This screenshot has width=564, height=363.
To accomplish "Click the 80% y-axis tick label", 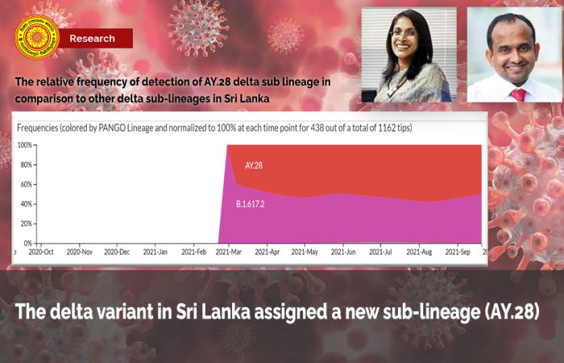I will [x=25, y=165].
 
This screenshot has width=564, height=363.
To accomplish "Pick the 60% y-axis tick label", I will [x=25, y=184].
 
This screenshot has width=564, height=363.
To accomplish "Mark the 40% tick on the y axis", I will [x=25, y=204].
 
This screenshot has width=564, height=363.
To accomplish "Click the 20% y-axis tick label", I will [x=25, y=223].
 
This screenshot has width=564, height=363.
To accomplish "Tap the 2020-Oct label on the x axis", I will [x=41, y=252].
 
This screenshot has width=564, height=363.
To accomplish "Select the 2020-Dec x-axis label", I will [x=117, y=252].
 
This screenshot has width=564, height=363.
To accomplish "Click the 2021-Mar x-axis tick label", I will [x=230, y=252].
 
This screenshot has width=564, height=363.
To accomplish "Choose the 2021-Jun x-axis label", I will [x=343, y=252].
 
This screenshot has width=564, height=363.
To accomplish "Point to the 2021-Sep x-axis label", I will [x=457, y=252].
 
